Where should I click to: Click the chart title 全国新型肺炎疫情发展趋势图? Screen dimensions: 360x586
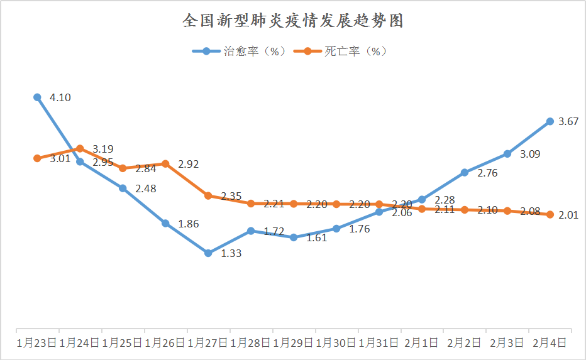292,21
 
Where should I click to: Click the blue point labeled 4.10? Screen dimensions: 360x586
37,97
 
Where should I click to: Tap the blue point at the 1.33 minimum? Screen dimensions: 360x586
208,253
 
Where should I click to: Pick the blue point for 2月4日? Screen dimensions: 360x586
550,121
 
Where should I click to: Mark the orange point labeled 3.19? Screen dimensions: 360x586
80,149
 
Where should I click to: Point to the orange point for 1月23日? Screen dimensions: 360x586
37,158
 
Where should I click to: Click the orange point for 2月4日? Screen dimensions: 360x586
550,214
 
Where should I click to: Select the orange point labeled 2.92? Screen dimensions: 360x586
165,163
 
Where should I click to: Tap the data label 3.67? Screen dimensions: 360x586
568,122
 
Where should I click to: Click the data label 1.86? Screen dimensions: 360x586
191,224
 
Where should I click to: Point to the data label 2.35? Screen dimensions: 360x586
231,197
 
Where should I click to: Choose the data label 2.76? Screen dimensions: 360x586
487,173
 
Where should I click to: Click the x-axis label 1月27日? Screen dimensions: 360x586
208,343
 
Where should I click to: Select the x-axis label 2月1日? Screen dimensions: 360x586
421,343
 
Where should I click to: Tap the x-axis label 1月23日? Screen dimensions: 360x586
37,343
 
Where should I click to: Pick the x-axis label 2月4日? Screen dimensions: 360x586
550,343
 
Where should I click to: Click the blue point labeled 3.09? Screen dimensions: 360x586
507,153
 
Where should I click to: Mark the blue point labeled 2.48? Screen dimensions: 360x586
123,188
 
